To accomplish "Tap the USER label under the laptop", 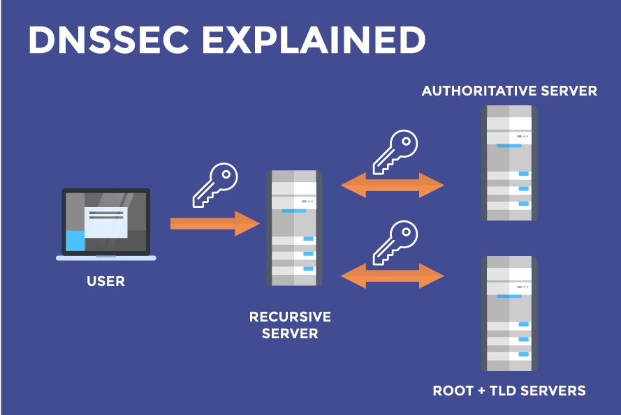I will [x=106, y=282].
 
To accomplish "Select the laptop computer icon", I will [x=106, y=223].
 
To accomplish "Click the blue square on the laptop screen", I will [x=75, y=241].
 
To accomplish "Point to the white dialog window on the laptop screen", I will [x=105, y=222].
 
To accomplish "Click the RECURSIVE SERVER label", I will [x=290, y=325].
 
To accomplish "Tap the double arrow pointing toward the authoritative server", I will [x=393, y=186].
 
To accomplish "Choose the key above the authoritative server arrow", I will [x=395, y=151].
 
